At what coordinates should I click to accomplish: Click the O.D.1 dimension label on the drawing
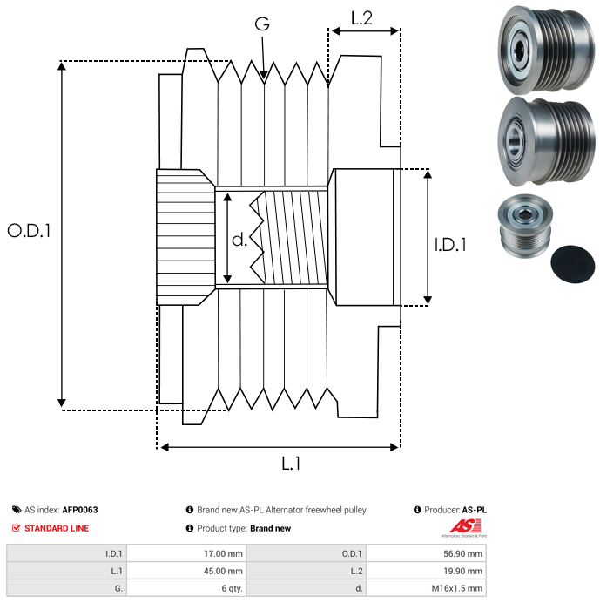tap(29, 231)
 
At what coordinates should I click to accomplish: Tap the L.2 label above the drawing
tap(361, 18)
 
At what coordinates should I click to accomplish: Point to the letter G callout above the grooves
tap(262, 24)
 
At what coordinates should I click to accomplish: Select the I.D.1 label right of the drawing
tap(450, 245)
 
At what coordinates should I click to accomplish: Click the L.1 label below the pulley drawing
tap(291, 464)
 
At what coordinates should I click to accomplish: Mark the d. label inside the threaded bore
tap(239, 240)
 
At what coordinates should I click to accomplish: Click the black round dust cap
tap(573, 264)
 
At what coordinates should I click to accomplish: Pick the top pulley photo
tap(546, 50)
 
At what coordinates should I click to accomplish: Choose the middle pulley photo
tap(546, 141)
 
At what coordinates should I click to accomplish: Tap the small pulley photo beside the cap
tap(525, 226)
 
